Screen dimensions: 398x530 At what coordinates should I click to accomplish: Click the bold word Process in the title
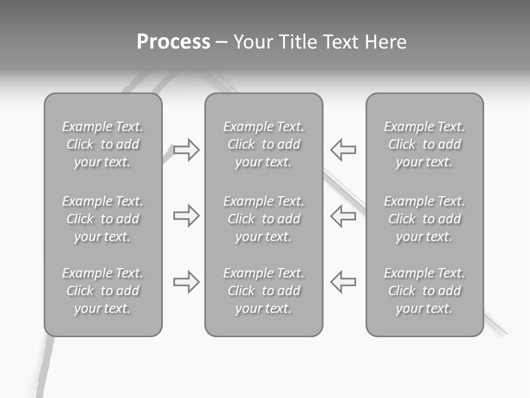coord(173,42)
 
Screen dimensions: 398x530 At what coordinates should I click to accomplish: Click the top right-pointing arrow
coord(186,149)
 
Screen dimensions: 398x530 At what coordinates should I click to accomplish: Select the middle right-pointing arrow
coord(186,215)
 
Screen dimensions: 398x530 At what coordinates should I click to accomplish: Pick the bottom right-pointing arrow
coord(186,281)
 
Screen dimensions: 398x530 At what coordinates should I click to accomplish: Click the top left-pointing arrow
coord(343,149)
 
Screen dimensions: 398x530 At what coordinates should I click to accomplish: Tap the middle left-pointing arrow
coord(343,215)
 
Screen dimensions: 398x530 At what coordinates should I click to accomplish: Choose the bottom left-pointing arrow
coord(343,281)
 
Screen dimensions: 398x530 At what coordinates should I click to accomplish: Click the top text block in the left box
coord(103,144)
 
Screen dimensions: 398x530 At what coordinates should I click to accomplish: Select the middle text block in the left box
coord(103,219)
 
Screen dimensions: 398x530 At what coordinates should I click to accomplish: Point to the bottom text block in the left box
coord(103,291)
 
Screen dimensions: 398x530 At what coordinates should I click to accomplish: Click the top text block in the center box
coord(263,144)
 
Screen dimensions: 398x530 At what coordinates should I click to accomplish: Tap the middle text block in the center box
coord(263,219)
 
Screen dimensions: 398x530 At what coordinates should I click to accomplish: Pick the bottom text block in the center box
coord(263,291)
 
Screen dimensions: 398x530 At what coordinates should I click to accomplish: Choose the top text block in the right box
coord(424,144)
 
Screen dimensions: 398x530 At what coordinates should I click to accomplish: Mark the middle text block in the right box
coord(424,219)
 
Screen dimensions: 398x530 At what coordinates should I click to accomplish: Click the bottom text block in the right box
coord(424,291)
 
